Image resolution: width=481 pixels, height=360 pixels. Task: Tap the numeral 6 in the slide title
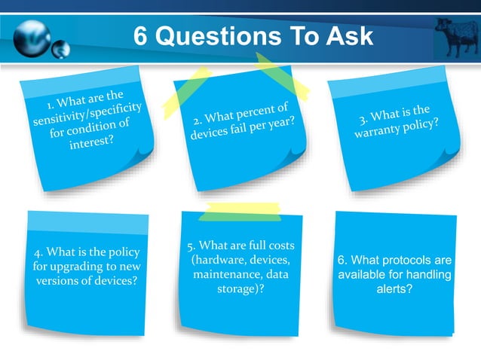point(141,35)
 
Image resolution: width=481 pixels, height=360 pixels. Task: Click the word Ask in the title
point(350,35)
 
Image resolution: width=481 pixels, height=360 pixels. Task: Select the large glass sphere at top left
point(31,35)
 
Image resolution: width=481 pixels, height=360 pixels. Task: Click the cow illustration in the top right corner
point(457,35)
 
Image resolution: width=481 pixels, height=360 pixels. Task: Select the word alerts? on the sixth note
point(394,288)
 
